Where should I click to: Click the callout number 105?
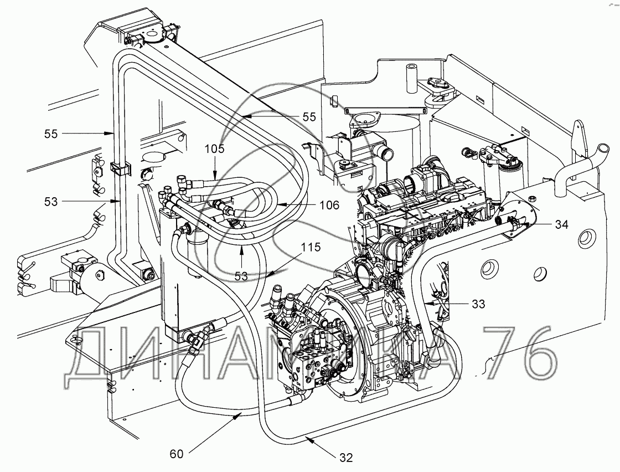[214, 149]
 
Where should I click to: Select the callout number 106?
[329, 205]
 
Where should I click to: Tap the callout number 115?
[311, 248]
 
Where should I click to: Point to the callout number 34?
[561, 225]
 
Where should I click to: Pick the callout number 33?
[478, 304]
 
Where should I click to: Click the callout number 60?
[177, 454]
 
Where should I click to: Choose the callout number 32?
[346, 458]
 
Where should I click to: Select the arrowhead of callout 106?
[277, 204]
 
